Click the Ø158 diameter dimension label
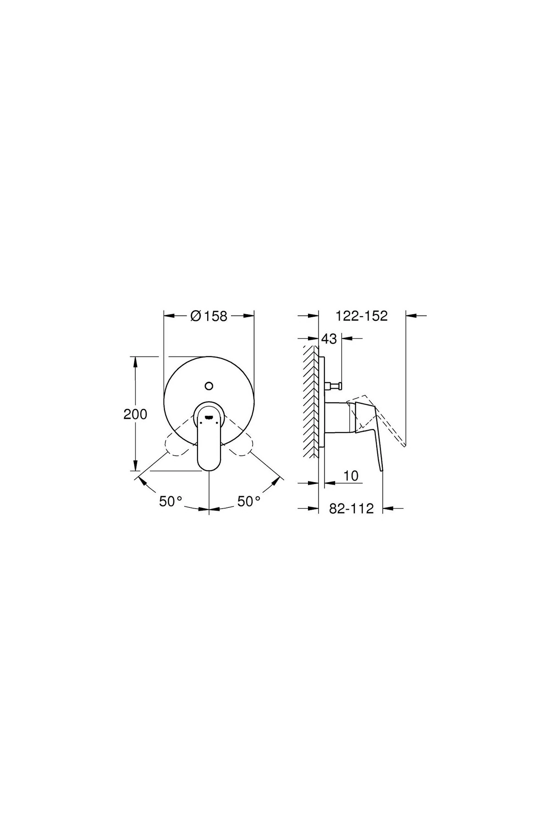[x=209, y=316]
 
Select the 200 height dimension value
[x=135, y=414]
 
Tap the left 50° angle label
[x=171, y=501]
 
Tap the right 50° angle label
[x=249, y=501]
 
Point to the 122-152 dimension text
[x=362, y=316]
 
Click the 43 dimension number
[x=329, y=339]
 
